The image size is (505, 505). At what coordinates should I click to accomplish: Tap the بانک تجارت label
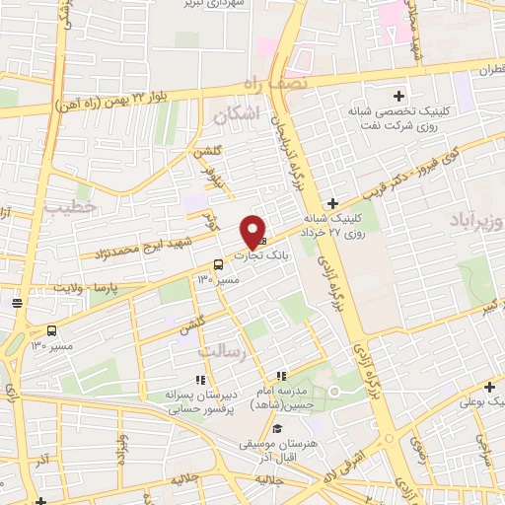click(x=268, y=254)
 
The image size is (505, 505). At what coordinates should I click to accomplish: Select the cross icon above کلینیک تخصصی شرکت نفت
click(x=398, y=96)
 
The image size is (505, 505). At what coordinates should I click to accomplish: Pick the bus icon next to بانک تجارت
click(x=217, y=263)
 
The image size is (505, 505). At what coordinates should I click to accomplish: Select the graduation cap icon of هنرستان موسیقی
click(x=278, y=428)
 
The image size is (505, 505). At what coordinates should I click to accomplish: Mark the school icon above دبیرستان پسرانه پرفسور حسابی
click(x=200, y=379)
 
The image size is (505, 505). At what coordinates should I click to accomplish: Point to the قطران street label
click(x=486, y=70)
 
